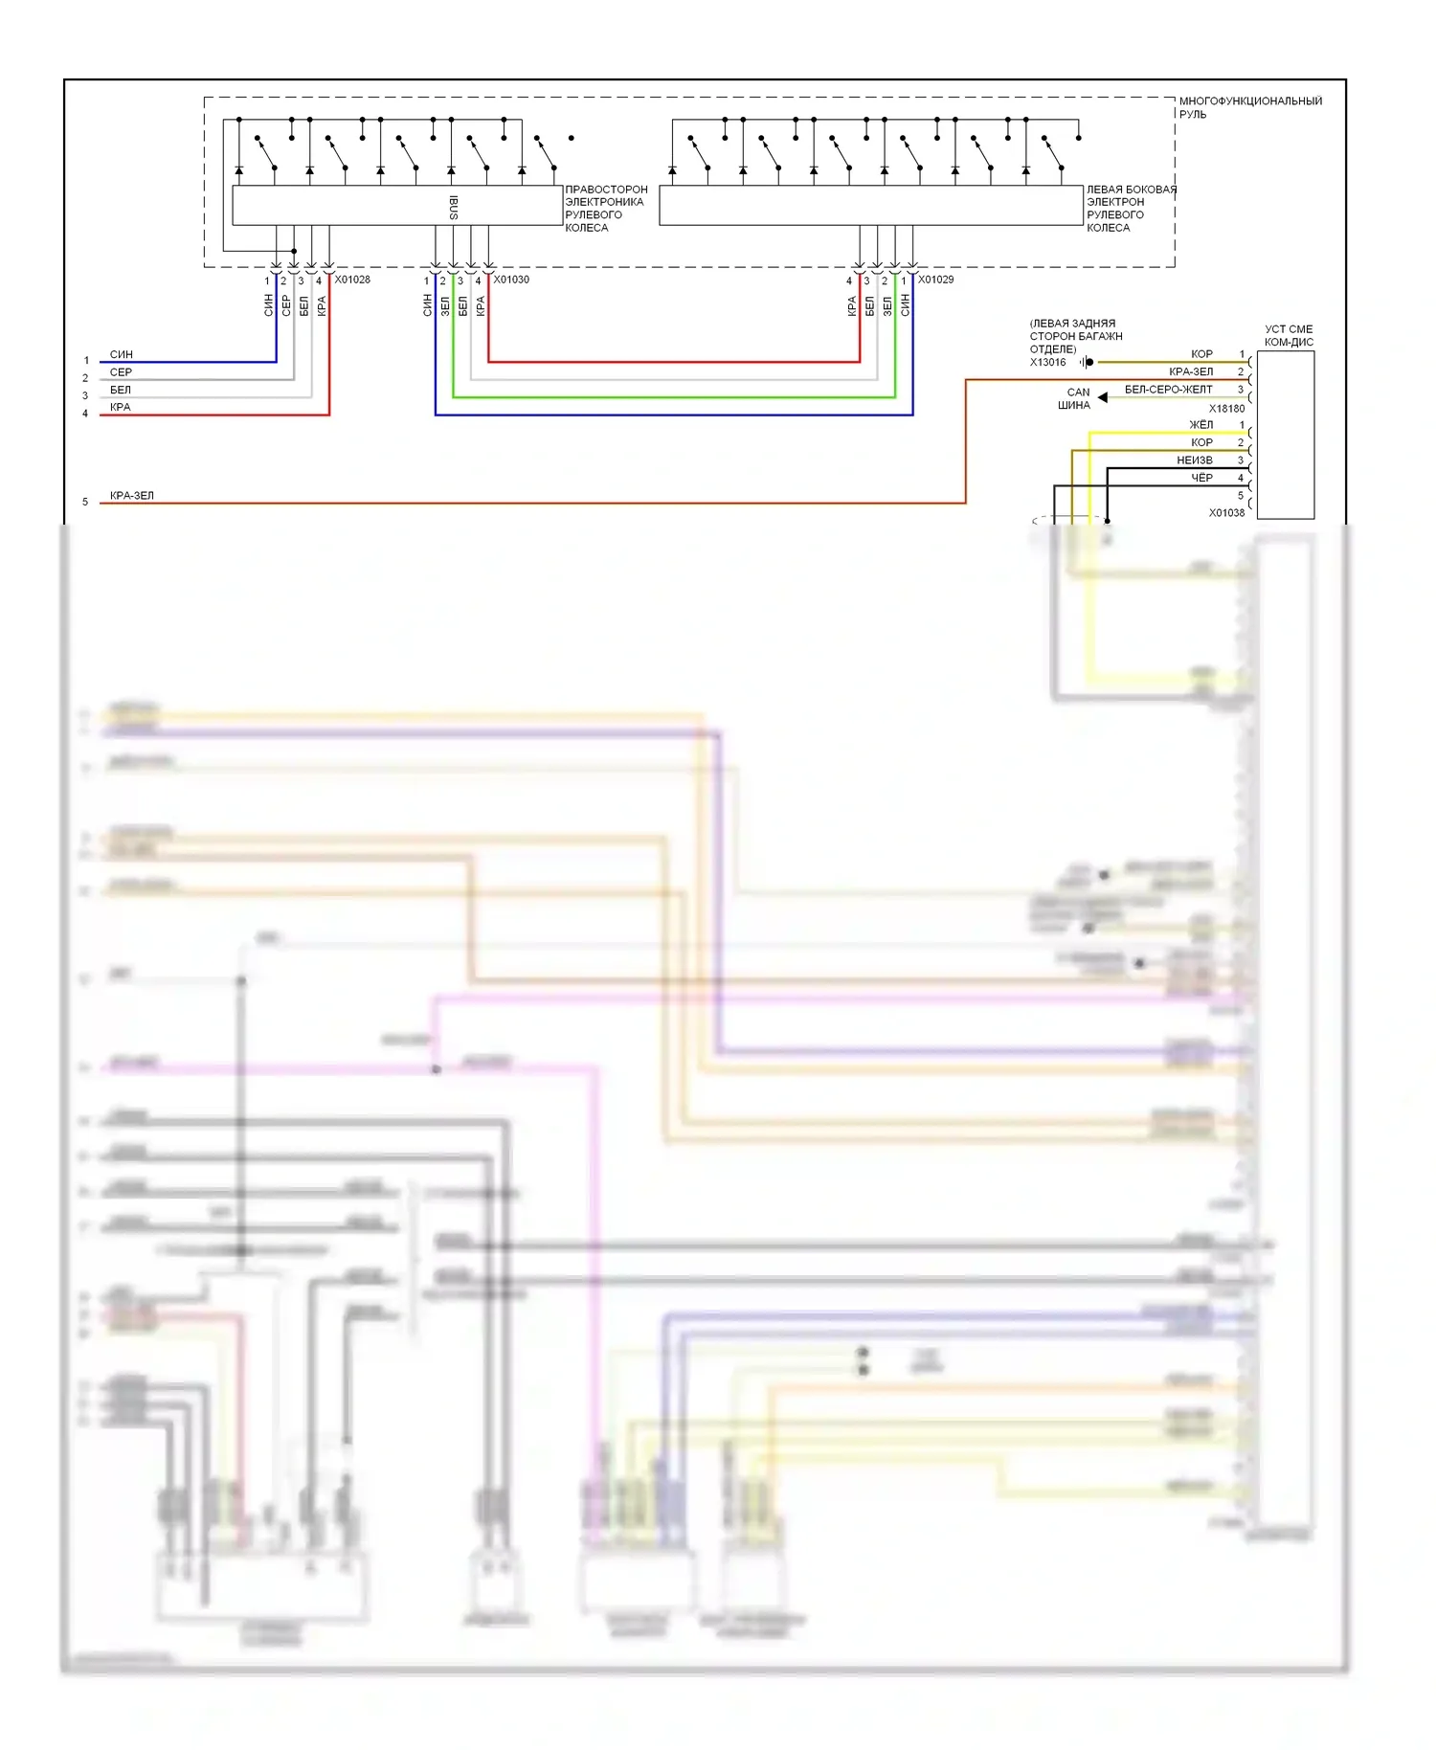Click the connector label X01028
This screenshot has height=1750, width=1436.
tap(352, 280)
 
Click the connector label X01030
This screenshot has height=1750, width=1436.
tap(511, 280)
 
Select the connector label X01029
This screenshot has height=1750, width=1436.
tap(935, 280)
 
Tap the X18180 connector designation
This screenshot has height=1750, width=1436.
tap(1226, 409)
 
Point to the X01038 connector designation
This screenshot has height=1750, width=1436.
tap(1226, 513)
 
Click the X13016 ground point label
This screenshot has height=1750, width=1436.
tap(1047, 363)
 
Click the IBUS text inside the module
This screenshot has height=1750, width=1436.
tap(454, 207)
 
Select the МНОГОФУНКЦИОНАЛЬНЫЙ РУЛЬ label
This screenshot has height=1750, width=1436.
tap(1249, 107)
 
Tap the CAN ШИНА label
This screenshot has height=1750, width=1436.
tap(1075, 398)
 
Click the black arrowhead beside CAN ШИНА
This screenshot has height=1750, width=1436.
tap(1103, 397)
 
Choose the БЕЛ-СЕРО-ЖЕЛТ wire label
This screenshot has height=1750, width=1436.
tap(1168, 390)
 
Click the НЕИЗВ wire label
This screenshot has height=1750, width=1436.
tap(1194, 460)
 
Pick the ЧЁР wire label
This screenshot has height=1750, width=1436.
tap(1201, 478)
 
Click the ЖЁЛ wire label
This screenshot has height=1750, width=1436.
tap(1200, 425)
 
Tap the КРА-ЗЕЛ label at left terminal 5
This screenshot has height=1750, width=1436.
tap(132, 496)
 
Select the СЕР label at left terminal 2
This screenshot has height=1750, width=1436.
tap(121, 372)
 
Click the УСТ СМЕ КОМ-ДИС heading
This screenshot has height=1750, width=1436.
tap(1289, 335)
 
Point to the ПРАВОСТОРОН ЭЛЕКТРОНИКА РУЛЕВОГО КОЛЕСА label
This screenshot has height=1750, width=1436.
tap(606, 209)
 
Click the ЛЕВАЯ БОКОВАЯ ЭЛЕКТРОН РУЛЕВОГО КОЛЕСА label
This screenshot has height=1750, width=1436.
tap(1131, 209)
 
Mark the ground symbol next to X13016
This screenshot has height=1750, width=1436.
tap(1086, 362)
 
